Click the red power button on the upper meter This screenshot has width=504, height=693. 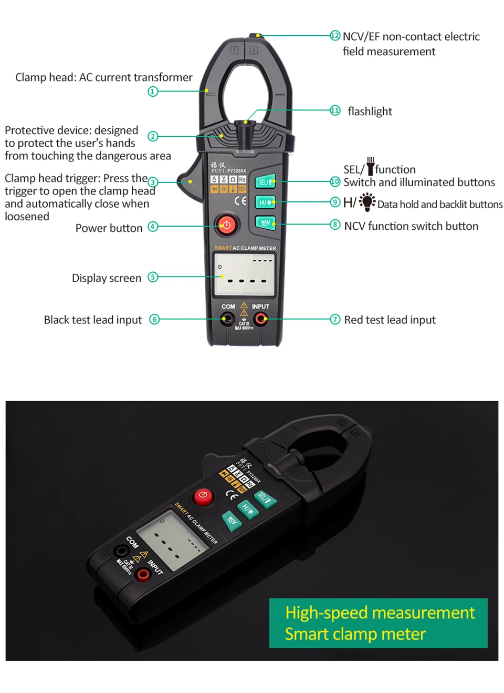click(x=226, y=225)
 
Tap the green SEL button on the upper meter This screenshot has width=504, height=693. click(x=265, y=182)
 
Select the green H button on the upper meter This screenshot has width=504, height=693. click(x=265, y=202)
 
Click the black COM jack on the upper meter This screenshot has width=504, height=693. click(x=227, y=319)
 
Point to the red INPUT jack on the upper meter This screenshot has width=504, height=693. click(x=260, y=319)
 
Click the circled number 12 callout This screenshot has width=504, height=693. click(x=335, y=36)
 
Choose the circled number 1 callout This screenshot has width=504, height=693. click(x=153, y=91)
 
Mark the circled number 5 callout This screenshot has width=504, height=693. click(x=153, y=277)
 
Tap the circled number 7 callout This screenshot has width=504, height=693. click(x=335, y=320)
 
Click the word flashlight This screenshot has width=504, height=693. click(x=370, y=111)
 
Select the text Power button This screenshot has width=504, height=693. click(x=109, y=228)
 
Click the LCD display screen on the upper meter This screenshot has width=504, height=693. click(x=244, y=274)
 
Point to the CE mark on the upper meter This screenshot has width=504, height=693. click(x=240, y=201)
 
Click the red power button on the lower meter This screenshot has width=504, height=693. click(x=203, y=496)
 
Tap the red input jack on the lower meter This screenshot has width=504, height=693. click(x=142, y=574)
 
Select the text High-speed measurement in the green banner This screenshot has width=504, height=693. click(x=380, y=613)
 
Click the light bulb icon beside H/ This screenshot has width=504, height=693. click(x=367, y=202)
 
